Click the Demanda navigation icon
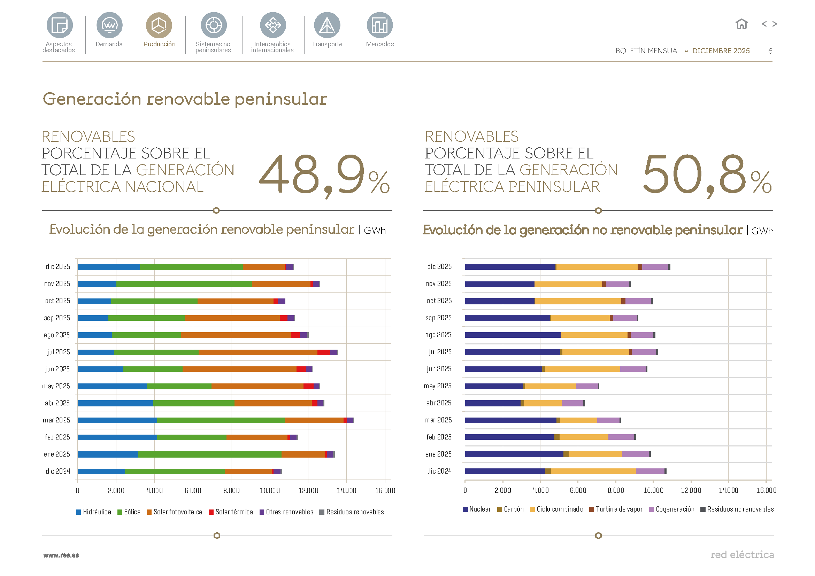click(109, 25)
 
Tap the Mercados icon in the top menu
click(379, 25)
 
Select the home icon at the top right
click(741, 24)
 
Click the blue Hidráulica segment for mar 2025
click(117, 420)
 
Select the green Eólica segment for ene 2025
click(209, 454)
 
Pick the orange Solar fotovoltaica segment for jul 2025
click(258, 352)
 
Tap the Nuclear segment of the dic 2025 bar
click(510, 267)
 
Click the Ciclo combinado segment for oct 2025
click(577, 301)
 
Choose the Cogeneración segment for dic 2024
click(649, 471)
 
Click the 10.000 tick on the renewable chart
click(270, 491)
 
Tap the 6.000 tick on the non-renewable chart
click(578, 490)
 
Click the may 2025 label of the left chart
click(56, 386)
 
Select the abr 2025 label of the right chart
click(438, 403)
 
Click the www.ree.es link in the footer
click(61, 555)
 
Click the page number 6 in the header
click(770, 51)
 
